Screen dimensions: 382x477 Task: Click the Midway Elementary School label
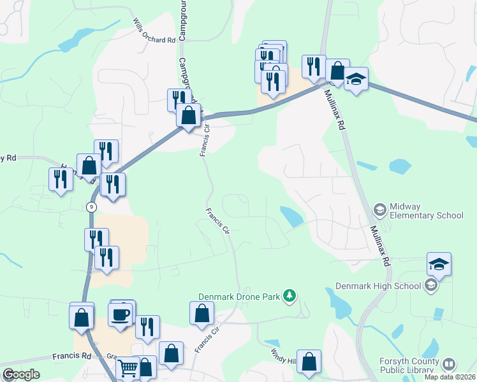(425, 210)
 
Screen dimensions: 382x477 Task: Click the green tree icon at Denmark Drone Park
(290, 295)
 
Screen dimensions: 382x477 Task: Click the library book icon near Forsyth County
(449, 364)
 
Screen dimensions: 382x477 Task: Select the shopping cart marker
(128, 368)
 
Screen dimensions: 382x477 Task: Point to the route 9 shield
(92, 206)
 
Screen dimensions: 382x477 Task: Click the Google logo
(21, 374)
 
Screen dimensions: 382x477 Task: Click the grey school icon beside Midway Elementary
(380, 209)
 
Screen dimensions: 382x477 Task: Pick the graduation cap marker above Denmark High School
(439, 264)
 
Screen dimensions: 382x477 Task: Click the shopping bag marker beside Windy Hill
(309, 361)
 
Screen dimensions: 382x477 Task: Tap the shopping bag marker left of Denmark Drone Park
(202, 313)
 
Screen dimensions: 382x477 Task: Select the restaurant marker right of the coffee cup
(148, 327)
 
